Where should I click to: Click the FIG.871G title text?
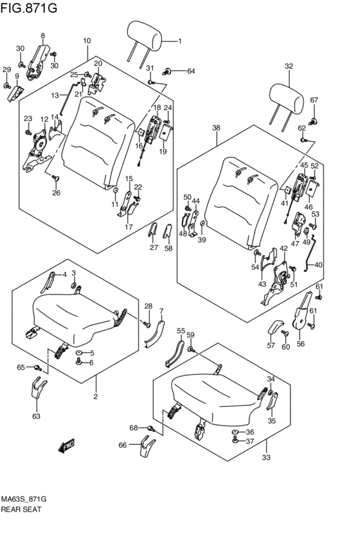(x=29, y=7)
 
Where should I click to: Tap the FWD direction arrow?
(x=67, y=446)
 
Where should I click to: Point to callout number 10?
(x=87, y=40)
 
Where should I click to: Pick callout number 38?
(x=216, y=128)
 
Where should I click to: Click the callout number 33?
(x=265, y=458)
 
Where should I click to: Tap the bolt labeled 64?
(x=166, y=72)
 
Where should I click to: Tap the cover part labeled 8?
(x=39, y=63)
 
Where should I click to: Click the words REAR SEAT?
(x=21, y=509)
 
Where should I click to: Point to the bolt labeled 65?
(x=37, y=367)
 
